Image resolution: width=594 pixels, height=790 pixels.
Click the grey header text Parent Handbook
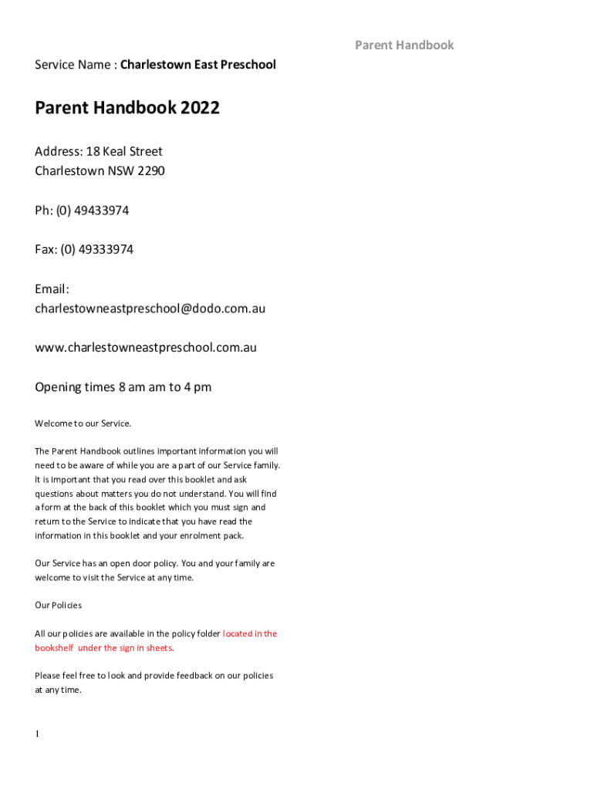tap(404, 45)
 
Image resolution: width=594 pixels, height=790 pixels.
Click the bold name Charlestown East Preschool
tap(197, 65)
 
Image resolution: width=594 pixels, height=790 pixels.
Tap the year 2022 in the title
tap(201, 108)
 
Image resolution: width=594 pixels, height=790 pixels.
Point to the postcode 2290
tap(151, 170)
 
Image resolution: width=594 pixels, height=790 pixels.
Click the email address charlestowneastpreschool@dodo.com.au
tap(150, 309)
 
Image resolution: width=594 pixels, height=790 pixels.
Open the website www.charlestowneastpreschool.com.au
tap(146, 347)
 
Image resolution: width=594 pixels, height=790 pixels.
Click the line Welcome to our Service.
tap(83, 423)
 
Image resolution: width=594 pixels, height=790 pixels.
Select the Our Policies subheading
tap(58, 606)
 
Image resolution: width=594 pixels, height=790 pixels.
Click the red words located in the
tap(250, 633)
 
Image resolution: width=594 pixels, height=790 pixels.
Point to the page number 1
tap(36, 734)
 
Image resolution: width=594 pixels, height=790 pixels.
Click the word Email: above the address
tap(52, 289)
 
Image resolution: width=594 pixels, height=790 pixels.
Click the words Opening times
tap(69, 387)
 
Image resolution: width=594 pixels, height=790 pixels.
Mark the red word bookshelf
tap(54, 648)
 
